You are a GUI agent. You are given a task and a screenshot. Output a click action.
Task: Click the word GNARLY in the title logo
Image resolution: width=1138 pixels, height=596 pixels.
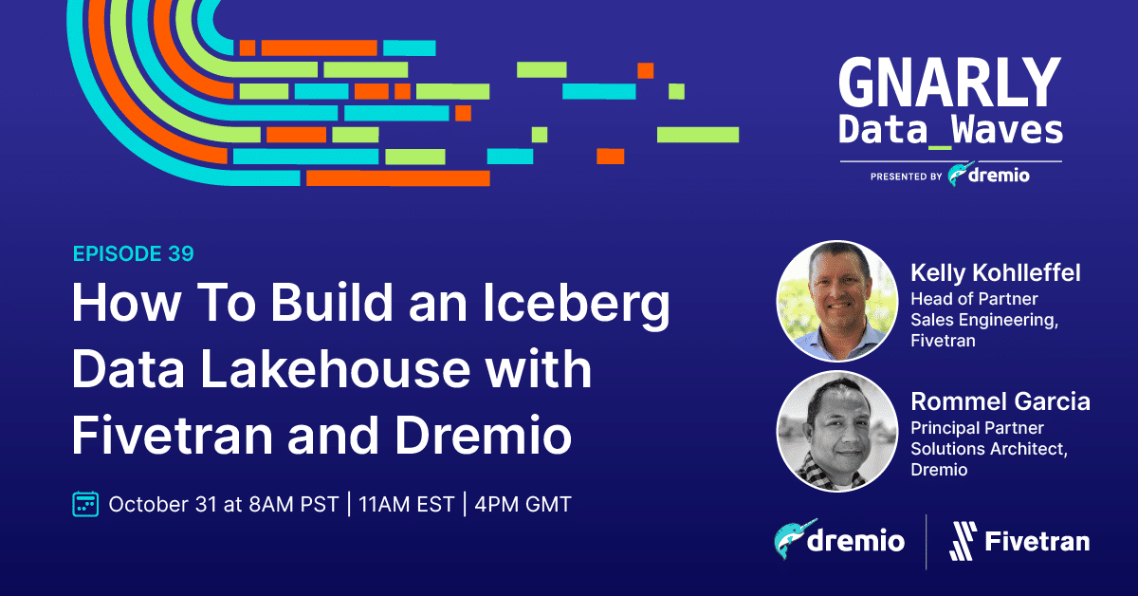(x=949, y=83)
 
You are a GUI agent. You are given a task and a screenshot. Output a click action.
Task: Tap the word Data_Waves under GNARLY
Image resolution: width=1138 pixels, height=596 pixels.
(x=950, y=130)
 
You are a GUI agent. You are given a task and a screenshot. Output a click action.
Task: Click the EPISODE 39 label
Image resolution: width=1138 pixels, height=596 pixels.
(x=133, y=253)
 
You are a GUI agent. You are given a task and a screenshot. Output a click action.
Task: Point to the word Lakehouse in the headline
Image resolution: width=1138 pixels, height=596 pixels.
(x=336, y=368)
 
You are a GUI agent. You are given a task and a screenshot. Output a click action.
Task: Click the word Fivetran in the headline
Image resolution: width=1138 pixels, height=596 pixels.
(x=173, y=436)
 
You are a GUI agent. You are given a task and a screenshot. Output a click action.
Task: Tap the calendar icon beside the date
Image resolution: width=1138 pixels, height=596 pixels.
(x=85, y=504)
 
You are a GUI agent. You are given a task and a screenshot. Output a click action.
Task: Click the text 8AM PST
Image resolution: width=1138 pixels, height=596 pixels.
(x=294, y=505)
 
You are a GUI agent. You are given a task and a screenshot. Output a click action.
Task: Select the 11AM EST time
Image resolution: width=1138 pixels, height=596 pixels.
(x=407, y=505)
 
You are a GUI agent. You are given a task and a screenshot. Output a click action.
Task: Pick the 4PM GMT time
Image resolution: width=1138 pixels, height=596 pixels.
(x=523, y=505)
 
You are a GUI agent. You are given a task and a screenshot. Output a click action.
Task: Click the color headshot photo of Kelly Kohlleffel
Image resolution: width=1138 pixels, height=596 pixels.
(x=837, y=301)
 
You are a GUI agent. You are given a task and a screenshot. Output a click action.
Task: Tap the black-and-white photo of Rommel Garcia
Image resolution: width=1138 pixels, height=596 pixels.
(x=837, y=431)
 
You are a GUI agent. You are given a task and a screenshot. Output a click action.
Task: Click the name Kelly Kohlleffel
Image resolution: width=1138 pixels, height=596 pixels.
(x=995, y=272)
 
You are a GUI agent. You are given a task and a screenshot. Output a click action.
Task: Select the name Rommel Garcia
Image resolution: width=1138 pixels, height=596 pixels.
(x=1000, y=401)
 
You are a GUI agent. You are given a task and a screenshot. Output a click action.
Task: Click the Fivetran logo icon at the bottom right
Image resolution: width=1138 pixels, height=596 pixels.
(x=963, y=541)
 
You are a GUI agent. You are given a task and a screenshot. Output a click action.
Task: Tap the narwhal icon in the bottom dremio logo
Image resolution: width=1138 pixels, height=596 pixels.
(x=794, y=539)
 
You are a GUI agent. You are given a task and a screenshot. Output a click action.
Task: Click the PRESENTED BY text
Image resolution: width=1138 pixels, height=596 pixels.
(x=907, y=177)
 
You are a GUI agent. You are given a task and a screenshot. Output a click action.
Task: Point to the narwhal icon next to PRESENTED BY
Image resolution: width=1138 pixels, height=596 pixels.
(x=960, y=174)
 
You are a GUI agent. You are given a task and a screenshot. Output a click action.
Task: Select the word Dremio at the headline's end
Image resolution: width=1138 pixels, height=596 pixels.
(x=483, y=436)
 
